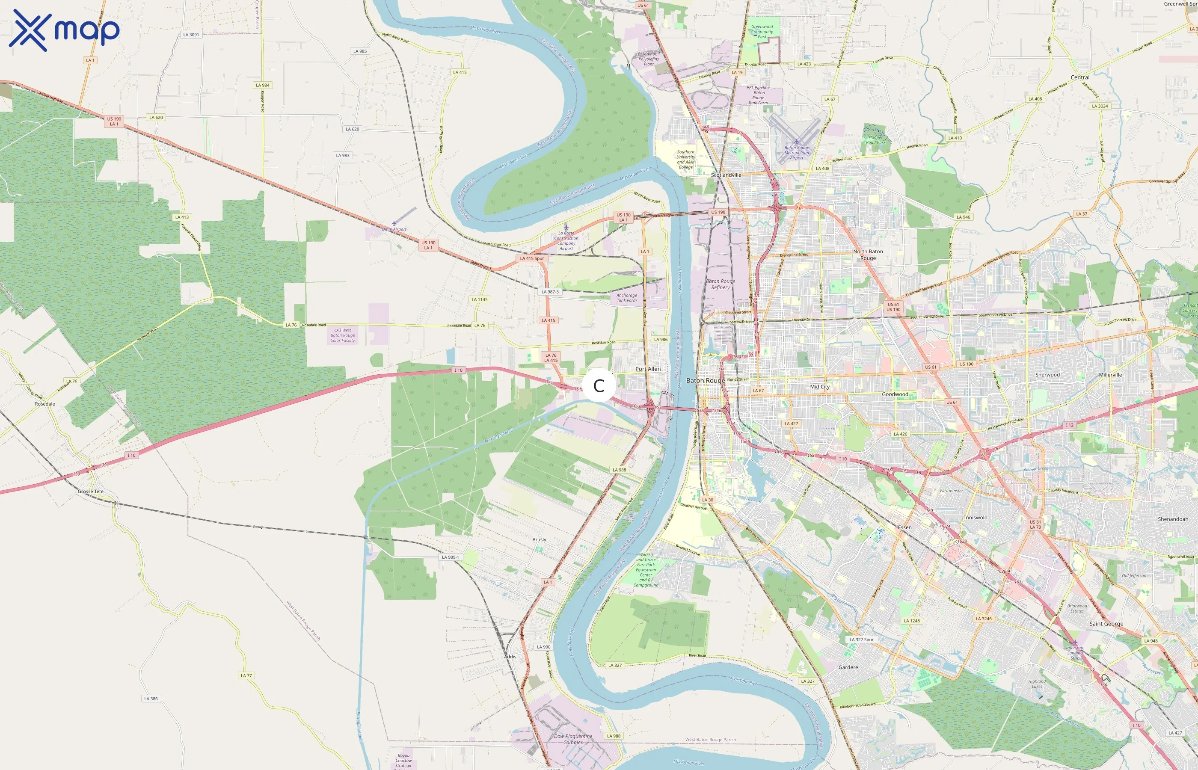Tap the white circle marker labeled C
click(x=599, y=385)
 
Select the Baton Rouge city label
click(x=705, y=380)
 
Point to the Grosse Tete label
click(x=91, y=492)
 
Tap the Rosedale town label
click(x=45, y=404)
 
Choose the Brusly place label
click(x=539, y=539)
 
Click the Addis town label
click(x=510, y=657)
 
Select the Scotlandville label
click(x=726, y=175)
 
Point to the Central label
click(x=1079, y=77)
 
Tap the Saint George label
click(x=1106, y=624)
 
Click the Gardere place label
click(x=848, y=667)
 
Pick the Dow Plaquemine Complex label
click(x=573, y=739)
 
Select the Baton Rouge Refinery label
click(x=720, y=284)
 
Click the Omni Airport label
click(x=394, y=229)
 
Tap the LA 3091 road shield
click(x=191, y=35)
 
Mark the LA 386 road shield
click(x=151, y=699)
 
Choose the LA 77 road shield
click(x=246, y=675)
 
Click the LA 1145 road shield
click(x=480, y=299)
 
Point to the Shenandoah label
click(x=1172, y=519)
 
